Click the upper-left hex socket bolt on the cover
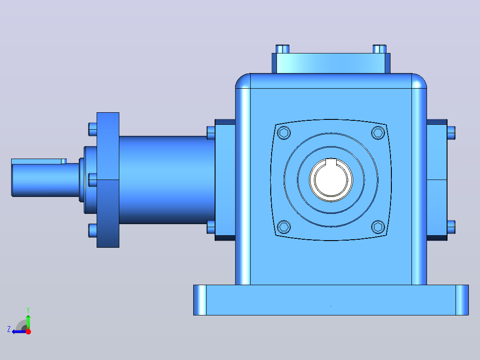pos(284,133)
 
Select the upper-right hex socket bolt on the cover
pos(378,133)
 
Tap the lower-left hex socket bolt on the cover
pos(284,227)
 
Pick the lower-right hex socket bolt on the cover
pos(378,227)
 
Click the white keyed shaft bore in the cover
pos(331,181)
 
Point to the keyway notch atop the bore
pos(331,161)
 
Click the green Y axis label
pos(28,310)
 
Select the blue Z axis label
pos(9,329)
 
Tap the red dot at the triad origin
pos(28,331)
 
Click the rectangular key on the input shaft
pos(39,161)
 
